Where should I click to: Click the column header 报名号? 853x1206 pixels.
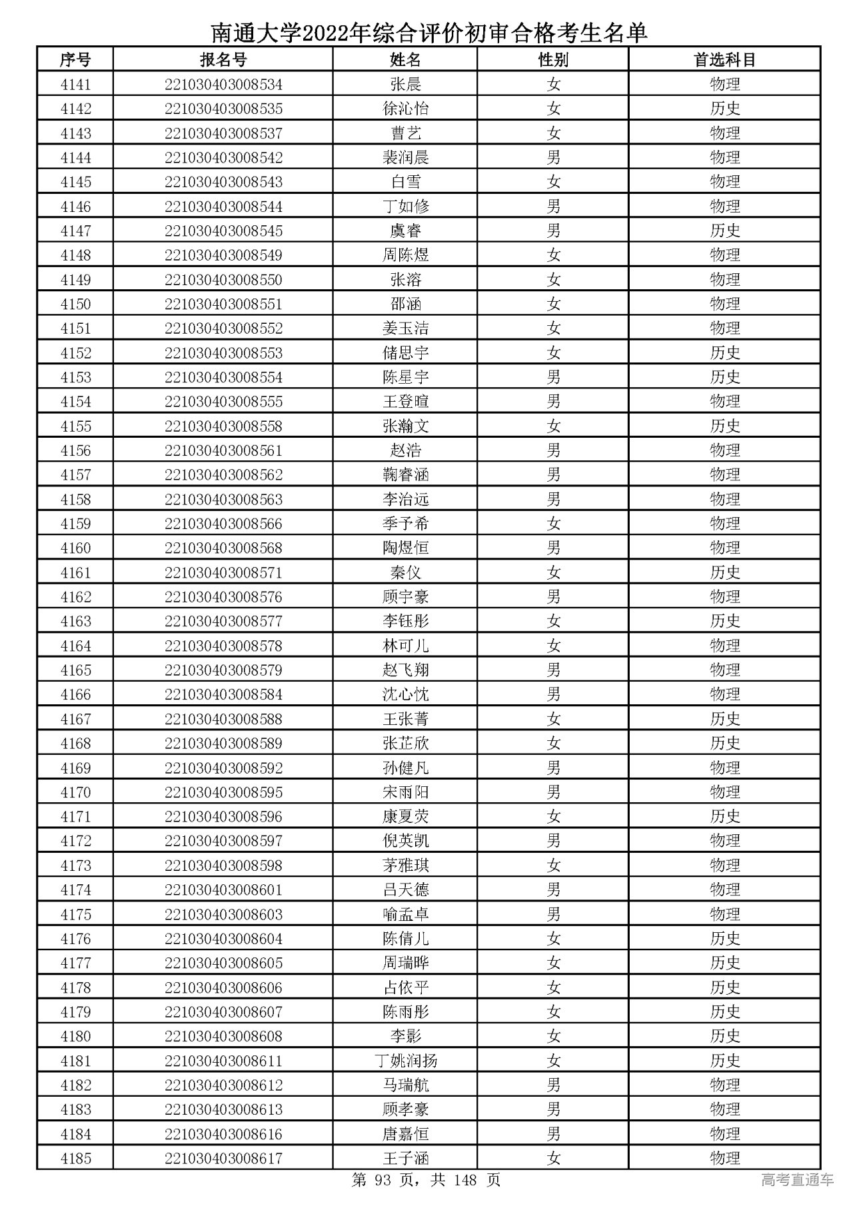223,60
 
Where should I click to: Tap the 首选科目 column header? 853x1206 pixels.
724,60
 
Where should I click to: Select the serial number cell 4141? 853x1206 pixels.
75,85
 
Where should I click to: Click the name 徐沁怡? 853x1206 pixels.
405,109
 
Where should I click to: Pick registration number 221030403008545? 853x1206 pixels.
223,231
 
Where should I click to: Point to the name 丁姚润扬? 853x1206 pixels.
405,1061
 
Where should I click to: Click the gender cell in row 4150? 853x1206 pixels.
553,304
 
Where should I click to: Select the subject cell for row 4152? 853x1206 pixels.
724,353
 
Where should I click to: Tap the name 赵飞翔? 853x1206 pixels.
405,670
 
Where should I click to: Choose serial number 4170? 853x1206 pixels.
75,792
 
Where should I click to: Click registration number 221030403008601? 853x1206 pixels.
223,890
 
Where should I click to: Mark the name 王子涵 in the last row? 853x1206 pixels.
405,1159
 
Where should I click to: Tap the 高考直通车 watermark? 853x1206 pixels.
797,1180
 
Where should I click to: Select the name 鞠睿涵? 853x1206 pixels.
405,475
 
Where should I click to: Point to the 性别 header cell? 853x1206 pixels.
553,60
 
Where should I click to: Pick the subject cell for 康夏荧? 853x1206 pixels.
724,817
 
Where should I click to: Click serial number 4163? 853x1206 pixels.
75,622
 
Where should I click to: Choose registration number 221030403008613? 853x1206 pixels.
223,1109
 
